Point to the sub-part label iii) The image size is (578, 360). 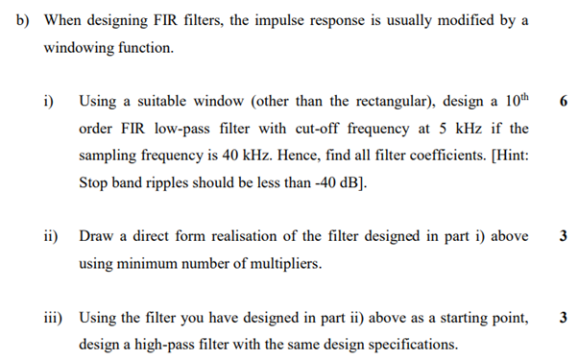pyautogui.click(x=54, y=317)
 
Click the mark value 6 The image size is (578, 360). pyautogui.click(x=561, y=100)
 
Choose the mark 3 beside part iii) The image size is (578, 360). pyautogui.click(x=561, y=317)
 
